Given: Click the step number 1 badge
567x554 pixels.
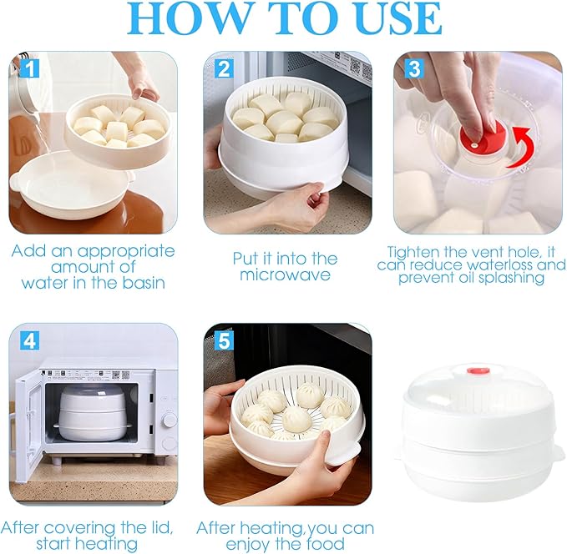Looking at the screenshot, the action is tap(29, 68).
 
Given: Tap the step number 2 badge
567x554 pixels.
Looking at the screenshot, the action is tap(224, 68).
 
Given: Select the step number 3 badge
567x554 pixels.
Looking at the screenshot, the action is tap(414, 68).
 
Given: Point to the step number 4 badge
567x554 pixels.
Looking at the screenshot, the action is tap(29, 340).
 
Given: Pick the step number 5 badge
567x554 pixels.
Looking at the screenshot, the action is tap(224, 340).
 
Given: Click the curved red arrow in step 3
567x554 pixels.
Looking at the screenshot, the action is tap(523, 149).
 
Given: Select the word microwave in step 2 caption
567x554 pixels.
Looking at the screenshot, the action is tap(285, 275).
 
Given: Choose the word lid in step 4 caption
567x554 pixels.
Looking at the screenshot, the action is tap(161, 528).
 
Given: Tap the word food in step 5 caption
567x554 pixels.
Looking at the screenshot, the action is tap(325, 543).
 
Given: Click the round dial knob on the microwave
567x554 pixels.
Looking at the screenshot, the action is tap(168, 421).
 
